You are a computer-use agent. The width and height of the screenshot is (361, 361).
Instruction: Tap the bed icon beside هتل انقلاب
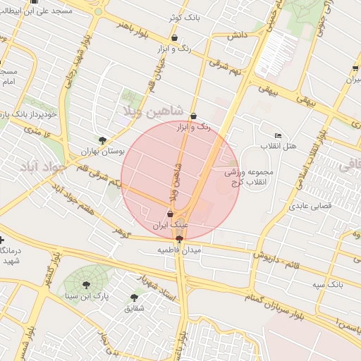pyautogui.click(x=278, y=135)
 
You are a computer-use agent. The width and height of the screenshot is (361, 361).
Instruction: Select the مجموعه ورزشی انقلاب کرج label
pyautogui.click(x=253, y=177)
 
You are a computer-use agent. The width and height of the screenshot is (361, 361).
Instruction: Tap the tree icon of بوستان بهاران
pyautogui.click(x=103, y=140)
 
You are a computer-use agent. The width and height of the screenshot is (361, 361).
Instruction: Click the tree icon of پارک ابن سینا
pyautogui.click(x=86, y=285)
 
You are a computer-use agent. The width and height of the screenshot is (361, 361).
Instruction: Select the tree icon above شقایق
pyautogui.click(x=134, y=298)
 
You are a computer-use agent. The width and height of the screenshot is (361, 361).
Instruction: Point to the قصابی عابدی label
pyautogui.click(x=305, y=207)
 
